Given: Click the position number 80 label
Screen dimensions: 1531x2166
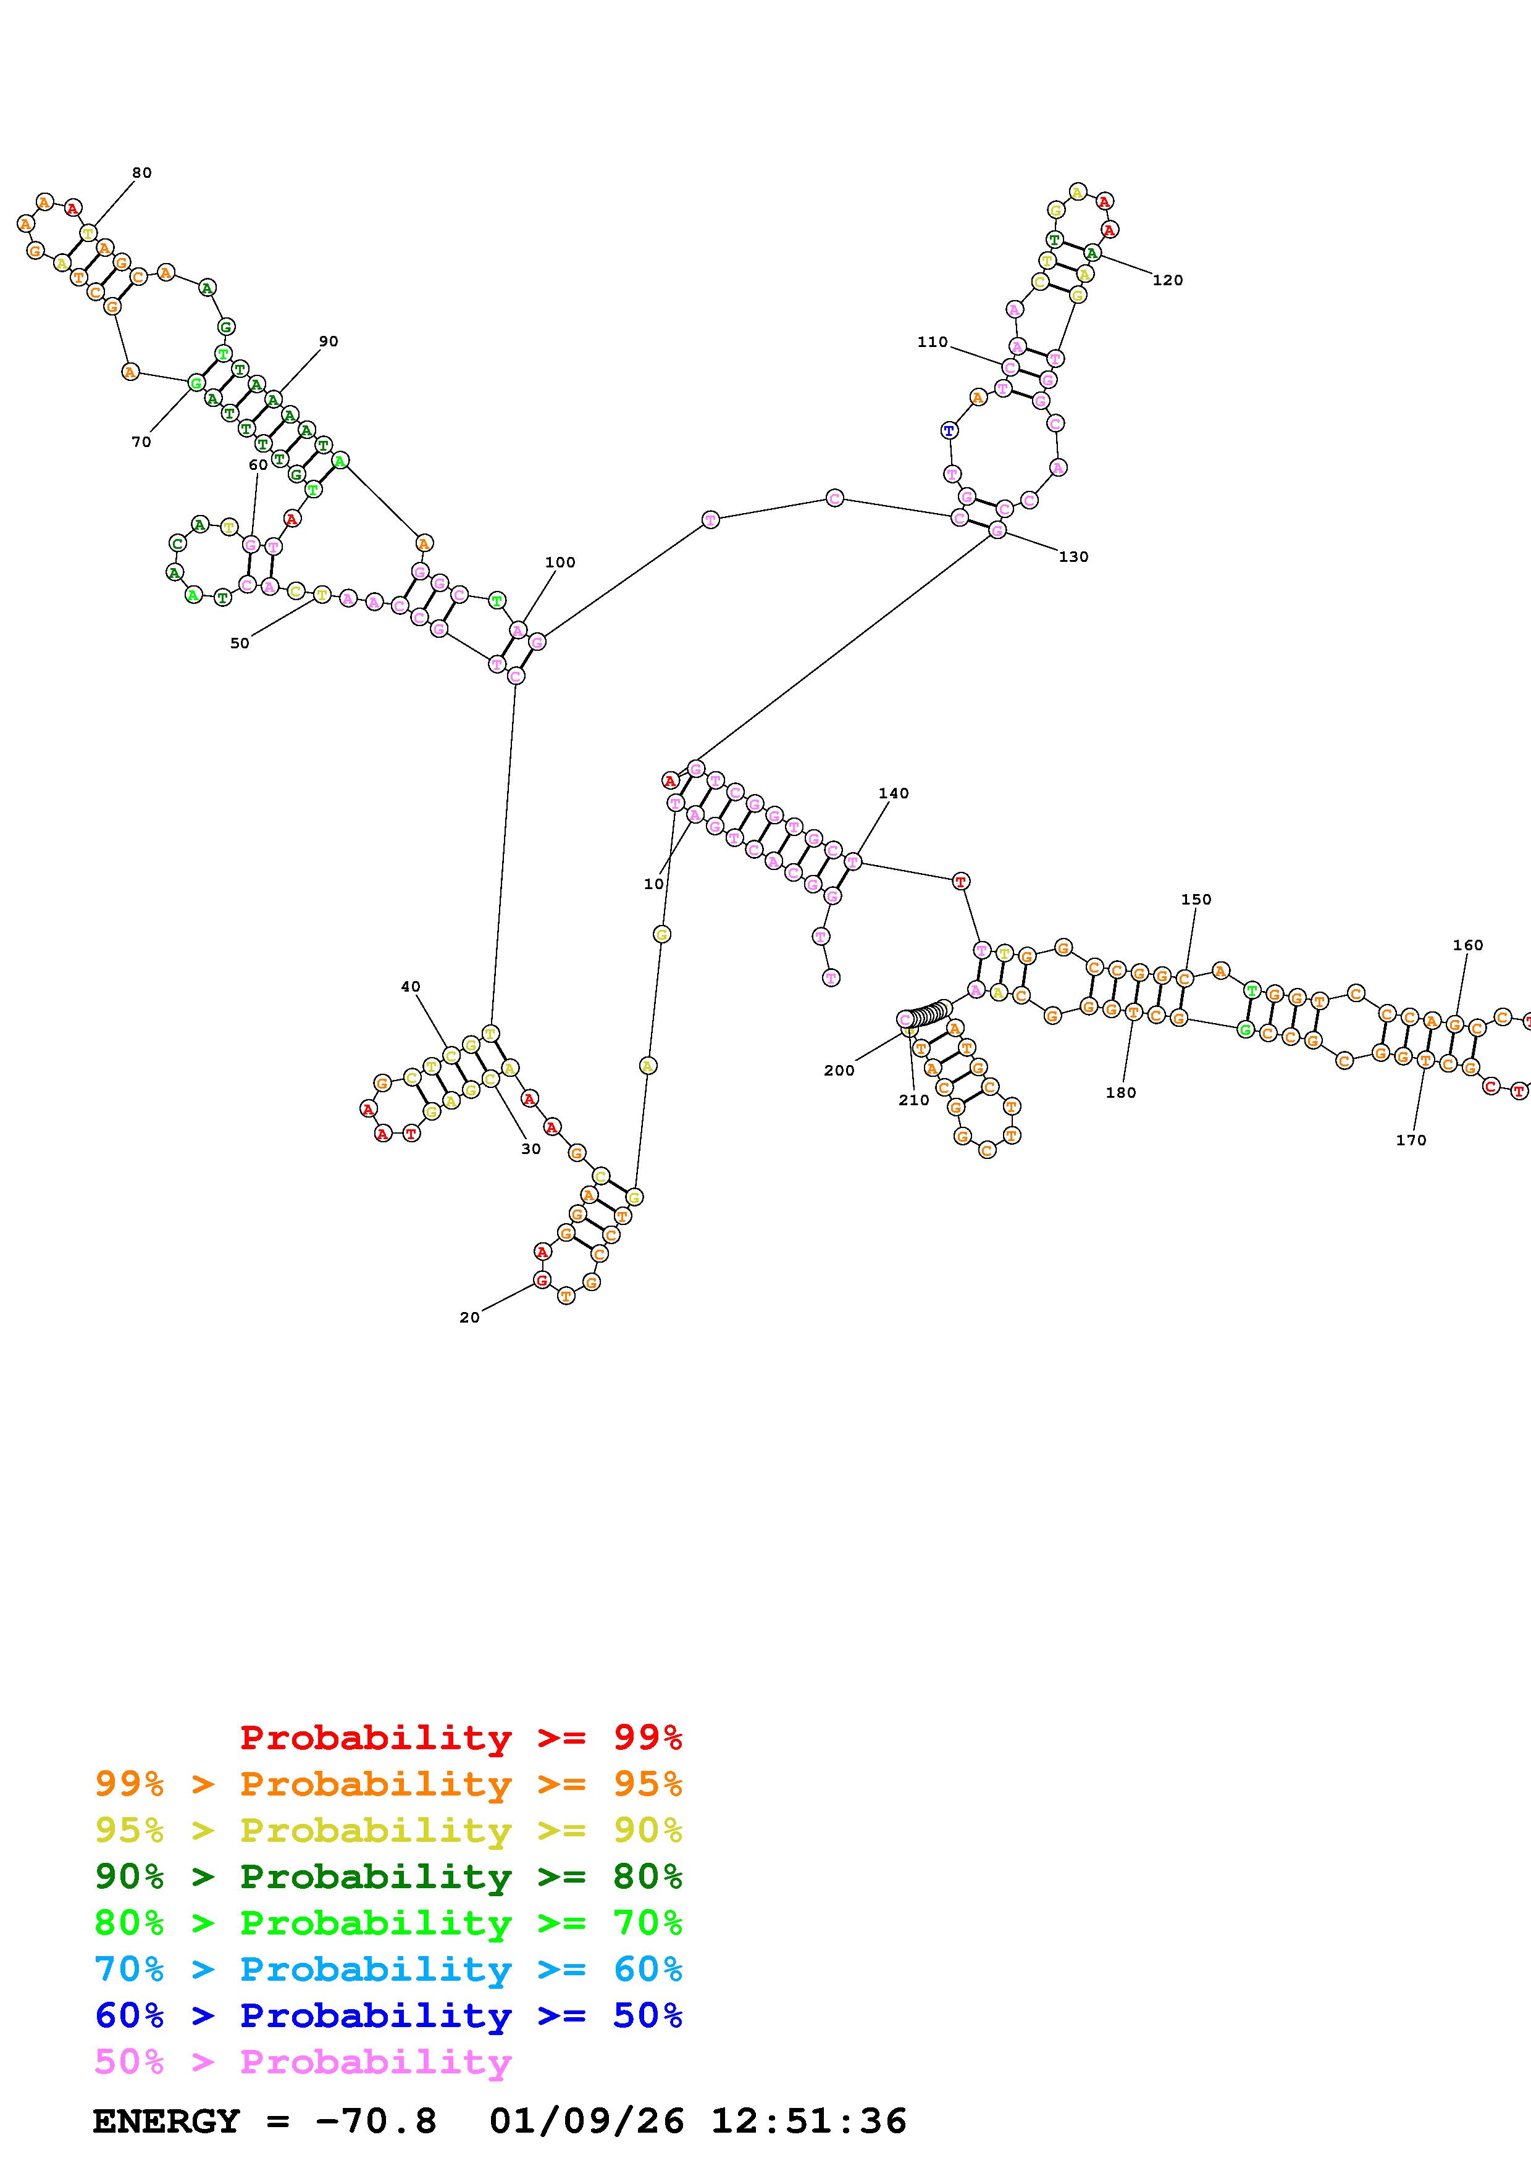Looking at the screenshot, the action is coord(141,173).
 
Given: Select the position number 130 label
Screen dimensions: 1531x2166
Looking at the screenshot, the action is coord(1073,556).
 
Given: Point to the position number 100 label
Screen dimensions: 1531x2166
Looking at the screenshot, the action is coord(560,562).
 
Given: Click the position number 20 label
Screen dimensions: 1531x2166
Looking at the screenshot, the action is coord(470,1318).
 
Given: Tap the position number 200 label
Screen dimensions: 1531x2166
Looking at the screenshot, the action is coord(839,1071).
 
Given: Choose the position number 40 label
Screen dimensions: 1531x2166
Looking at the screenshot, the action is coord(410,987).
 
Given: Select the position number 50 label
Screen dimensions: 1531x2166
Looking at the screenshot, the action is coord(240,643).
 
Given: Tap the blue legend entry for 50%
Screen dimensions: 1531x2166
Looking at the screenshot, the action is coord(388,2015).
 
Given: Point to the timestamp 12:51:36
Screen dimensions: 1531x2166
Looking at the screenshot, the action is coord(808,2121).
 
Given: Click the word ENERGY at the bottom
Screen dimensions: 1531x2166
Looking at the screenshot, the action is coord(166,2121).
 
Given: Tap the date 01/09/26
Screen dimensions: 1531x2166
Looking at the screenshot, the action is coord(586,2121).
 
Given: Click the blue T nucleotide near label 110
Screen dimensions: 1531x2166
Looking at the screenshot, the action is coord(949,431).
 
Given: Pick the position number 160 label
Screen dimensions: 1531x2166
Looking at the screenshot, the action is coord(1468,945).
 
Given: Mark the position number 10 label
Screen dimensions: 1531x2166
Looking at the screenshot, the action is coord(654,884).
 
